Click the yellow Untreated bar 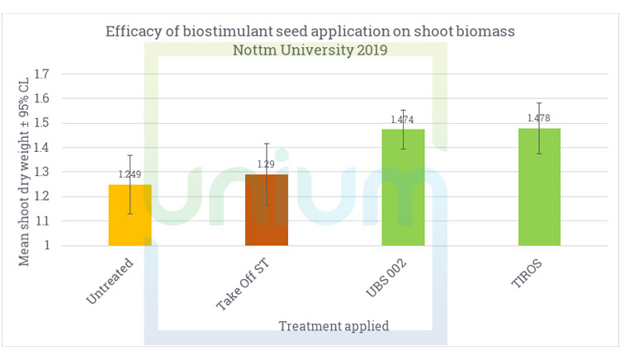[x=130, y=216]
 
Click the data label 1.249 [x=130, y=174]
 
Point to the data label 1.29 [x=267, y=164]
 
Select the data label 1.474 [x=403, y=120]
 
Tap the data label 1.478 [x=539, y=118]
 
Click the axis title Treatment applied [x=334, y=325]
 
